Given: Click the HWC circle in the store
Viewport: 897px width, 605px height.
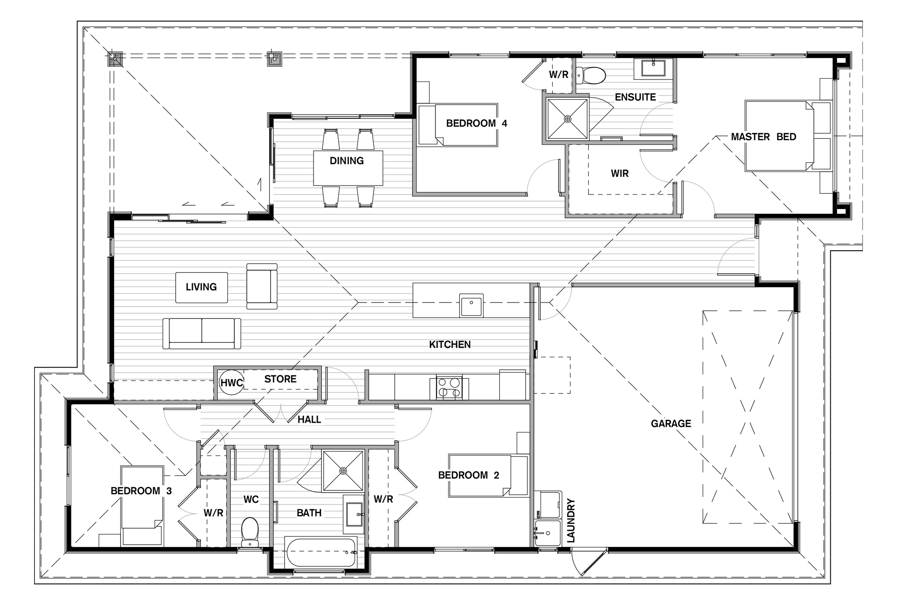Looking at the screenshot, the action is click(x=232, y=383).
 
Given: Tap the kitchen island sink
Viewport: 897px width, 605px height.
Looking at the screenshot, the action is click(x=471, y=305).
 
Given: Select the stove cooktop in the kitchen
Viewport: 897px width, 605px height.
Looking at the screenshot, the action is click(x=449, y=388).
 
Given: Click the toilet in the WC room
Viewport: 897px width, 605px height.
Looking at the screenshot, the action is click(x=250, y=532).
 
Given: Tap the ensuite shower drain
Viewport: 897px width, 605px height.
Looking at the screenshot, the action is click(x=568, y=119).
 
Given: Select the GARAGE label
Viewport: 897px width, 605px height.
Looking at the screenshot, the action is click(x=671, y=424).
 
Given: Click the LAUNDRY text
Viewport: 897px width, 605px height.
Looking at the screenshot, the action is click(x=570, y=521).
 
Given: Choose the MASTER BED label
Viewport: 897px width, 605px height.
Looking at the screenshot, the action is click(x=763, y=137).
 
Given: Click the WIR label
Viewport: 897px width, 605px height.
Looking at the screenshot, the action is click(x=619, y=173).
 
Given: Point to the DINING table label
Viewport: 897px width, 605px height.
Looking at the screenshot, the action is click(x=347, y=161).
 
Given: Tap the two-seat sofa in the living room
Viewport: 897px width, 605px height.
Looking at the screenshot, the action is click(x=202, y=333).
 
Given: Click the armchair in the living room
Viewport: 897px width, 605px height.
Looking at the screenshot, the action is click(x=262, y=286).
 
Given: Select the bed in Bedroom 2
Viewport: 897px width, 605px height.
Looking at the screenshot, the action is click(x=488, y=475).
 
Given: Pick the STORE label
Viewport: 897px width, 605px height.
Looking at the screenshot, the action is click(x=280, y=379).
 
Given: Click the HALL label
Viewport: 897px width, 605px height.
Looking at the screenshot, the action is click(x=309, y=420).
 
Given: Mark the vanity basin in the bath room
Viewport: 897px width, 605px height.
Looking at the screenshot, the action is click(x=355, y=514).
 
